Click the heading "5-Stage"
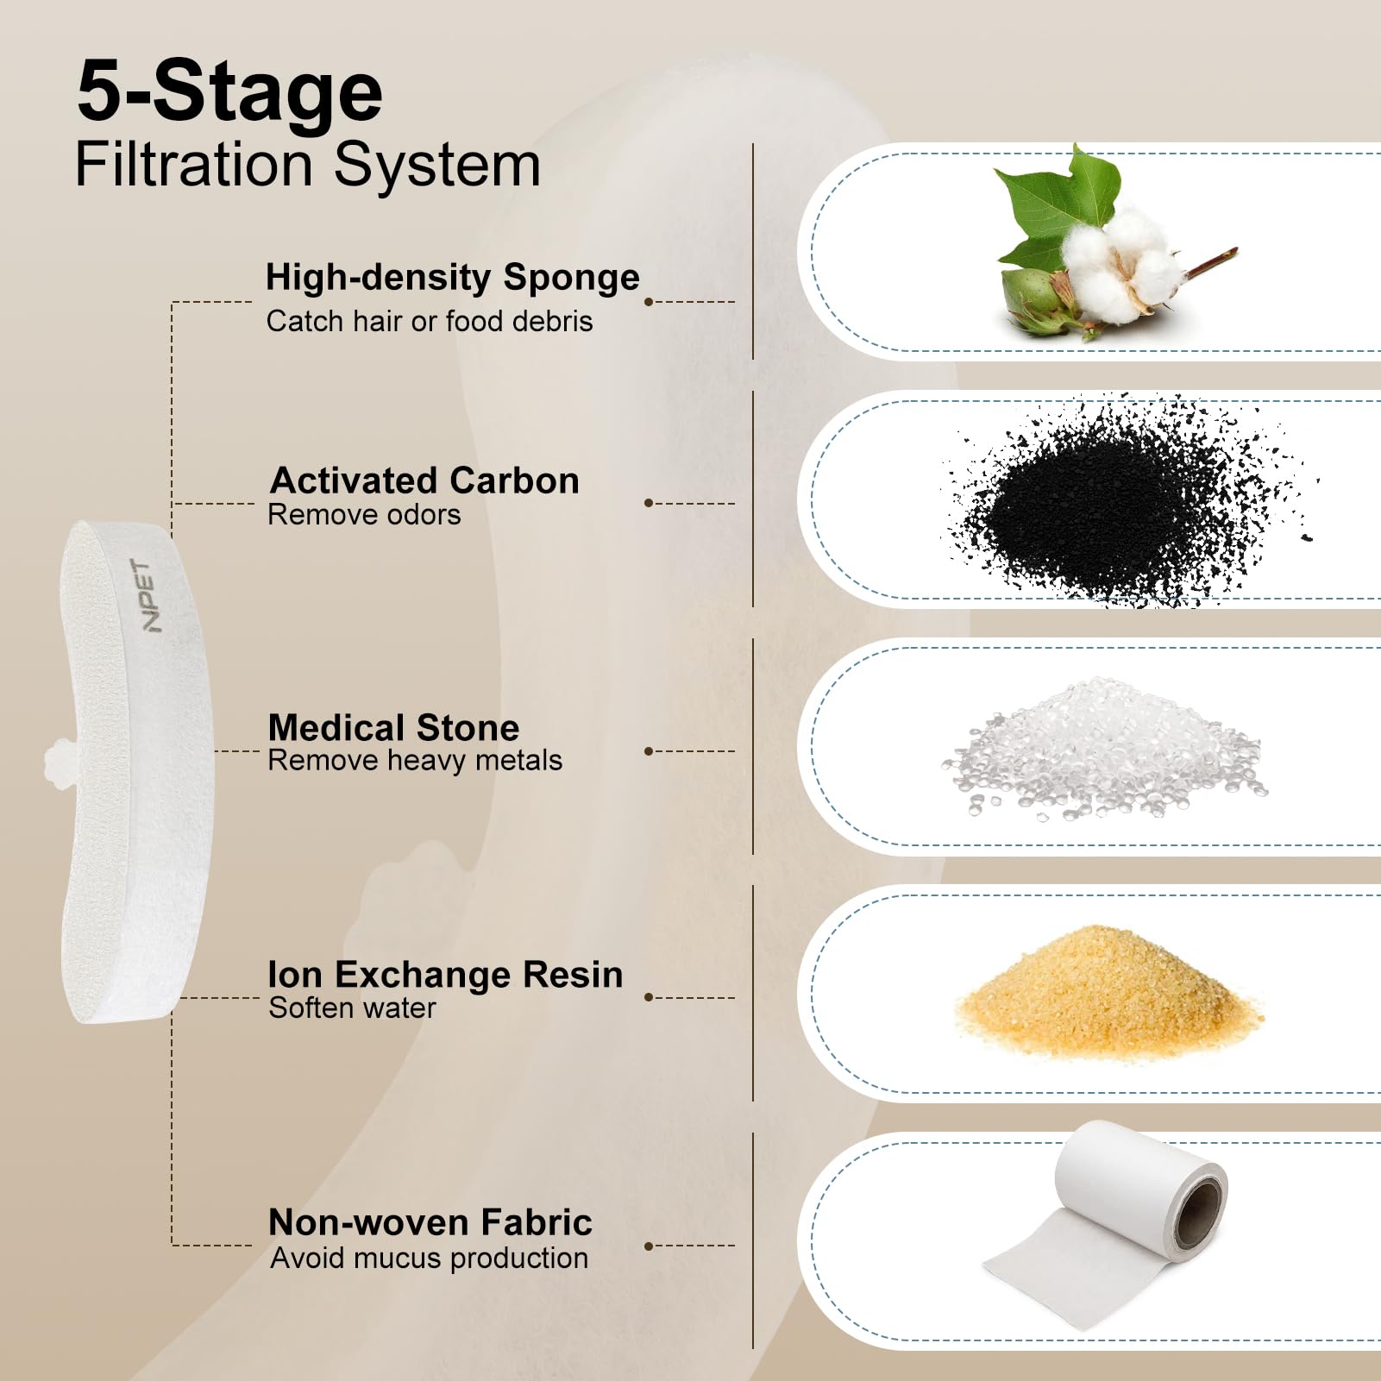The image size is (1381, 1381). point(229,91)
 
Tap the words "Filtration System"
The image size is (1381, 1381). point(308,165)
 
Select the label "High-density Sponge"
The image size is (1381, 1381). point(453,278)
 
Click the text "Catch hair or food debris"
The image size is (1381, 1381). point(430,321)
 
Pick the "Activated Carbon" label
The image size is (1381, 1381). point(424,480)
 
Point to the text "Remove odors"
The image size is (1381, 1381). point(364,514)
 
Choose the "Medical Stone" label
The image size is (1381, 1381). point(394,728)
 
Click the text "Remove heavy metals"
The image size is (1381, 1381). point(415,760)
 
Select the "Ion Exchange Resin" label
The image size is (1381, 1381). point(446,975)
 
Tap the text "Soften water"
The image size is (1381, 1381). point(353,1008)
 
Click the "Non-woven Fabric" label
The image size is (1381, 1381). point(430,1222)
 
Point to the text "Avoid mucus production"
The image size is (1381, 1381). point(430,1258)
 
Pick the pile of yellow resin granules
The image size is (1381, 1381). point(1108,992)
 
